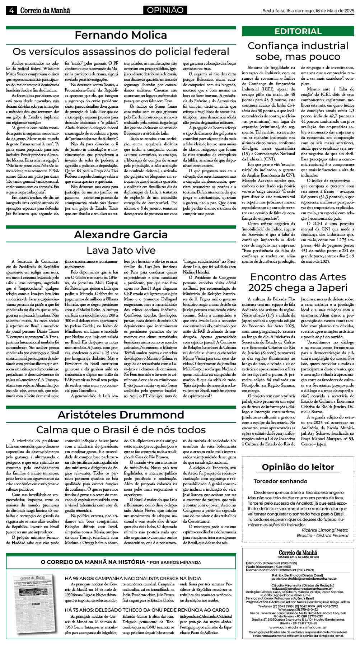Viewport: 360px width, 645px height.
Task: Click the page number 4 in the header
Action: click(x=11, y=10)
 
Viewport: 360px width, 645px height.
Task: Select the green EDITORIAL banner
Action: click(x=298, y=31)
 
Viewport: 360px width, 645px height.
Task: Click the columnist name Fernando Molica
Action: click(x=121, y=35)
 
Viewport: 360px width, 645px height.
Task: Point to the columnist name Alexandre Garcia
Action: click(x=121, y=234)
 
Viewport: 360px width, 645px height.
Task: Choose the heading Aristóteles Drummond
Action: click(x=121, y=415)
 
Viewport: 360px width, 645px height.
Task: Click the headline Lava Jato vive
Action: click(x=121, y=250)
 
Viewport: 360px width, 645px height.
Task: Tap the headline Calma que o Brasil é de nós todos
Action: click(x=121, y=430)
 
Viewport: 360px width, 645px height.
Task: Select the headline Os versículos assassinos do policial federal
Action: click(x=121, y=51)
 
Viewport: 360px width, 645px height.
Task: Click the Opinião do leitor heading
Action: click(x=298, y=467)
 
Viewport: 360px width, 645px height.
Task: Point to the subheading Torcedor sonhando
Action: click(x=280, y=481)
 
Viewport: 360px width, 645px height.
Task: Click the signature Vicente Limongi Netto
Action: click(x=325, y=530)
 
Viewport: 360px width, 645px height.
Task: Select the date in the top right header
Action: click(x=308, y=10)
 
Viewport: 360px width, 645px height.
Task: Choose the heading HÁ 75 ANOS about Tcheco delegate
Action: click(x=146, y=610)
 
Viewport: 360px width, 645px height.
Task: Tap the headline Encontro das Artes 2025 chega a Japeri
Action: click(x=298, y=282)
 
